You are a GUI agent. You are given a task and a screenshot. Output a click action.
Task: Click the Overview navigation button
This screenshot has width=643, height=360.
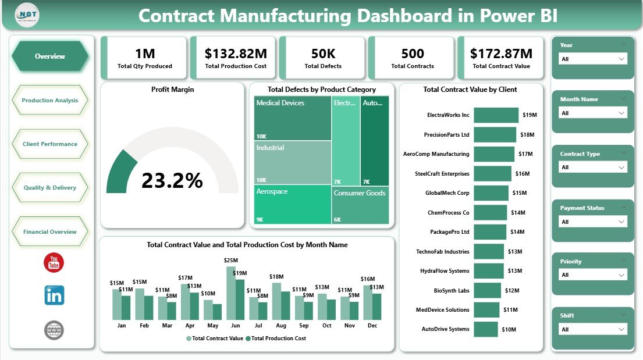point(50,56)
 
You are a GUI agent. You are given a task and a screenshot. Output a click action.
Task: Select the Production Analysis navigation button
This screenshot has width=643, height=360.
point(50,101)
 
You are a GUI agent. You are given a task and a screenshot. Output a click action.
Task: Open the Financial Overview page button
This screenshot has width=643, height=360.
point(50,232)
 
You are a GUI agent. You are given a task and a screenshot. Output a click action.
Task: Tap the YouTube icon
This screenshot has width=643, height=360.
point(54,263)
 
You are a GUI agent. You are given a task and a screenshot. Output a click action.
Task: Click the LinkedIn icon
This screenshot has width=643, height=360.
point(54,295)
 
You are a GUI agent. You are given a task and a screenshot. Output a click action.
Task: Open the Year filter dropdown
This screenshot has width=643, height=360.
point(592,59)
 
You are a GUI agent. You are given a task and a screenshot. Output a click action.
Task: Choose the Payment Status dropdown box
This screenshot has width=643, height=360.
point(592,222)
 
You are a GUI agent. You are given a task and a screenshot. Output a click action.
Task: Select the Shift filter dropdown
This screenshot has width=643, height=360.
point(592,329)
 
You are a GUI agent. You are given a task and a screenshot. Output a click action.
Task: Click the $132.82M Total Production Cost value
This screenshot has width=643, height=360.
point(236,54)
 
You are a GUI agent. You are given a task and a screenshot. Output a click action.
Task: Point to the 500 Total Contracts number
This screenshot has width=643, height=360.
point(413,54)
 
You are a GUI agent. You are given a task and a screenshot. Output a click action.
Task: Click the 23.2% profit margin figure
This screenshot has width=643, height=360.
point(172,181)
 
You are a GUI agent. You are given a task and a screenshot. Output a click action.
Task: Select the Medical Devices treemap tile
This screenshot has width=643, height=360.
point(293,119)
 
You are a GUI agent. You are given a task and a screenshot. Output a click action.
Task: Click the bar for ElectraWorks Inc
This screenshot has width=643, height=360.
point(496,115)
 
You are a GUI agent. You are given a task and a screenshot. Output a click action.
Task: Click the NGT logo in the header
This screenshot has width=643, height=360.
point(27,15)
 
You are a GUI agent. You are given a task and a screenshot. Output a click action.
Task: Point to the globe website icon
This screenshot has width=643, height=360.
point(54,330)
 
